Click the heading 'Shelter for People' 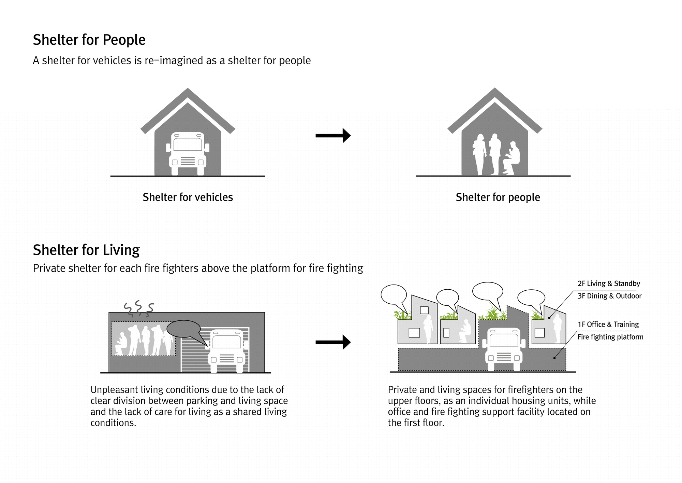click(x=89, y=40)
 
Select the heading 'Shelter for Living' click(x=86, y=250)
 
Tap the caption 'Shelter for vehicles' click(x=188, y=197)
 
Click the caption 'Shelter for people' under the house click(x=498, y=197)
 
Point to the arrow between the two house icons click(x=333, y=136)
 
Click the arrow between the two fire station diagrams click(x=333, y=342)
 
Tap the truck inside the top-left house click(x=188, y=153)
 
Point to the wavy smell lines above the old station click(x=138, y=308)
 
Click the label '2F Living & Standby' click(x=609, y=284)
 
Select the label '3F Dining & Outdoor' click(x=609, y=296)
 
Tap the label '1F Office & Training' click(x=608, y=324)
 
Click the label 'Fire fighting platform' click(x=610, y=337)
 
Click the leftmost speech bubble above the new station click(x=394, y=294)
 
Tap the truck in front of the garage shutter click(x=227, y=350)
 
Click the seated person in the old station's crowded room click(x=121, y=343)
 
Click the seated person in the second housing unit click(x=464, y=331)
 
